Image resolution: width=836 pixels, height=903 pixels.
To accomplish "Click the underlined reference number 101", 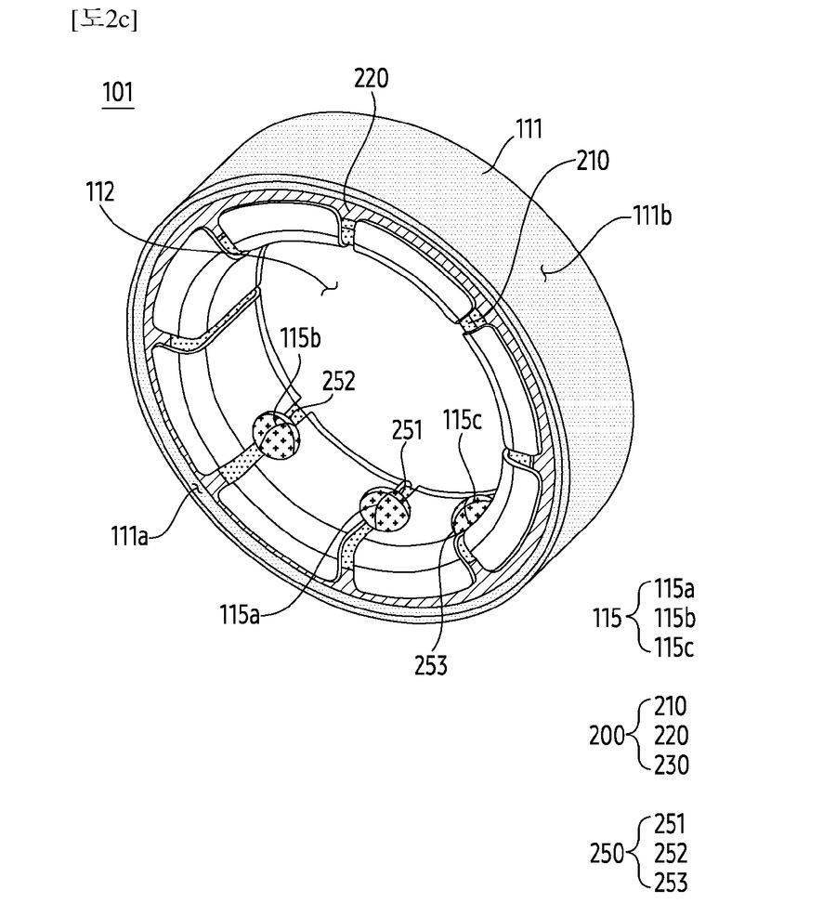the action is pos(117,92).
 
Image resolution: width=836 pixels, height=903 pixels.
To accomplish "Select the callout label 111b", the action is pos(652,216).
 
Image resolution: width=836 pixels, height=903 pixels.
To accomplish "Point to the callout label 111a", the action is pos(129,536).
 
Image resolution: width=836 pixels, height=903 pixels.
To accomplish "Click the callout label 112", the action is pos(100,191).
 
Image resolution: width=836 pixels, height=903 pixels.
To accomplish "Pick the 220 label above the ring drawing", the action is pos(371,77).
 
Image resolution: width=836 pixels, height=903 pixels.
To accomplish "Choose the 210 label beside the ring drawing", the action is pos(592,161).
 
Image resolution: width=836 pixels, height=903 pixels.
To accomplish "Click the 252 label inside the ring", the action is pos(338,381).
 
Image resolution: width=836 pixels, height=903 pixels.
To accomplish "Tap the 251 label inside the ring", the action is pos(407,429).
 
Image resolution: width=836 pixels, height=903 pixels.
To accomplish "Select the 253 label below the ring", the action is pos(431,665).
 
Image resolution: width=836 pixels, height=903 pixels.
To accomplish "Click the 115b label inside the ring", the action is pos(301,338).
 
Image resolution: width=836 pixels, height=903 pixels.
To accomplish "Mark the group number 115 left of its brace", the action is pos(608,619).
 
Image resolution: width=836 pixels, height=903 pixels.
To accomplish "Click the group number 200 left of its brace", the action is pos(607,736).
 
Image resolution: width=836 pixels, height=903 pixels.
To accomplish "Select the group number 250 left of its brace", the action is pos(607,854).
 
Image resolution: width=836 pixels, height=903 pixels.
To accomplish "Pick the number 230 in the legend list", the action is pos(672,765).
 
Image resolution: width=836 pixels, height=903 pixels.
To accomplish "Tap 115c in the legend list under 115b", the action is pos(673,648).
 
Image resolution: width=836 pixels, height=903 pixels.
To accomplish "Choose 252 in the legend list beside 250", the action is pos(671,854).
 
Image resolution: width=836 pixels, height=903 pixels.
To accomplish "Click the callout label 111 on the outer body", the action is pos(529,129).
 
